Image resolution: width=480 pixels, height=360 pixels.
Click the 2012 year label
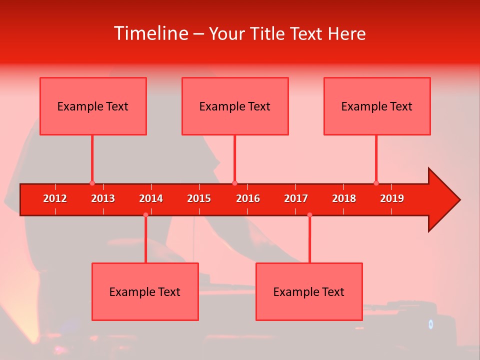pyautogui.click(x=55, y=198)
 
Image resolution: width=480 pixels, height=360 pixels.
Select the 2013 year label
pyautogui.click(x=103, y=198)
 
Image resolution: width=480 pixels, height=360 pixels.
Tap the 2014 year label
pyautogui.click(x=151, y=198)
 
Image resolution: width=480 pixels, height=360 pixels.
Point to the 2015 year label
pyautogui.click(x=199, y=198)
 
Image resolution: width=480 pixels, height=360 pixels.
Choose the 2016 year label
pyautogui.click(x=248, y=198)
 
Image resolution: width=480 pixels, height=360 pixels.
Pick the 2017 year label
pyautogui.click(x=296, y=198)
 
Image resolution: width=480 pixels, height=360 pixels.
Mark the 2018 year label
pyautogui.click(x=344, y=198)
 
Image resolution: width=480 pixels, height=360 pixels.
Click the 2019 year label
pyautogui.click(x=392, y=198)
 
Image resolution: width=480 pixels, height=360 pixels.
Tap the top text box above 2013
pyautogui.click(x=93, y=106)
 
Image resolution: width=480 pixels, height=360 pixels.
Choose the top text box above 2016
pyautogui.click(x=235, y=106)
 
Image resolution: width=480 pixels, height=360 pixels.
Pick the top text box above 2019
pyautogui.click(x=377, y=106)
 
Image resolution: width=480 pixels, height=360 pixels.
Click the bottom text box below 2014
pyautogui.click(x=145, y=291)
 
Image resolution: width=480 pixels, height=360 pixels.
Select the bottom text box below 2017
pyautogui.click(x=309, y=291)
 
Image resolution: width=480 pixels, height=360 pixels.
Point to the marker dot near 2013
pyautogui.click(x=92, y=183)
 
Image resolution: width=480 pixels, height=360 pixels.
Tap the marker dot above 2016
pyautogui.click(x=234, y=183)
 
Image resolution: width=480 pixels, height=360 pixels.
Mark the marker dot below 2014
pyautogui.click(x=145, y=214)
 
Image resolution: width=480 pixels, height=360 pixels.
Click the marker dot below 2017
pyautogui.click(x=309, y=214)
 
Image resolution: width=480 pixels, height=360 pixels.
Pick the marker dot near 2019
pyautogui.click(x=376, y=183)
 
